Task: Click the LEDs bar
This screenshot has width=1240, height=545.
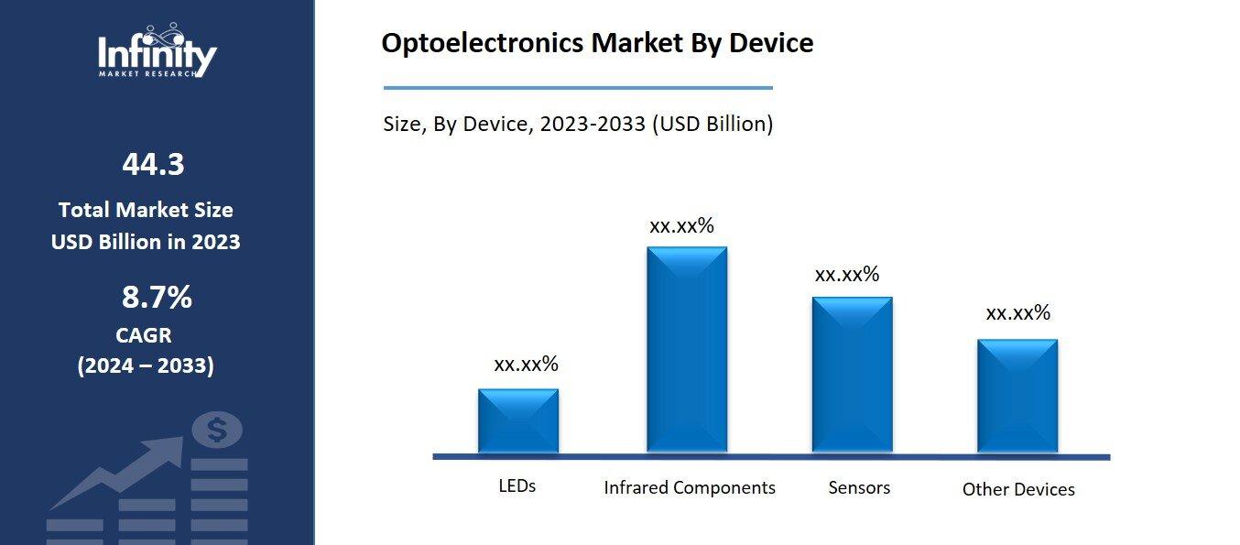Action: click(x=517, y=420)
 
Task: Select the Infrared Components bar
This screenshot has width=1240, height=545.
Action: click(x=687, y=349)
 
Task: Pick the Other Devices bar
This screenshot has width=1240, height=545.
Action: click(x=1017, y=396)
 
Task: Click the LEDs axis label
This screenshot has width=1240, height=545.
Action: click(x=517, y=485)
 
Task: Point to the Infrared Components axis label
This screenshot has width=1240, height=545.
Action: click(x=690, y=487)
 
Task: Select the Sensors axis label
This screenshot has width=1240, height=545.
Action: click(x=859, y=487)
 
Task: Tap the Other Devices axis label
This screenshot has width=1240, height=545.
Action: click(x=1018, y=489)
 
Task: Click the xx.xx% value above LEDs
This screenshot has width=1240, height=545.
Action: click(x=526, y=364)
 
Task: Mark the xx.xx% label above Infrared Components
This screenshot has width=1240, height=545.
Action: click(x=681, y=226)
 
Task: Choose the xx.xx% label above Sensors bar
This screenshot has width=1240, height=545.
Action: click(x=847, y=274)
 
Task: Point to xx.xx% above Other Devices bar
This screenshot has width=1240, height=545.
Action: click(x=1017, y=313)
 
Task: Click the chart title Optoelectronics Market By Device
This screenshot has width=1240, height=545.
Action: click(x=597, y=43)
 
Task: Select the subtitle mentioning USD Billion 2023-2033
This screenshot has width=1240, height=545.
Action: click(x=578, y=124)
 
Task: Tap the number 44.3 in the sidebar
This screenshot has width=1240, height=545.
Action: click(x=153, y=165)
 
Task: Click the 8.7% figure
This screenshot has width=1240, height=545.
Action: click(x=157, y=298)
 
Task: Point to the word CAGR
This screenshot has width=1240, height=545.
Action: click(x=144, y=335)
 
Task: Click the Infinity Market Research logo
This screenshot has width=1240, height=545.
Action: click(x=158, y=51)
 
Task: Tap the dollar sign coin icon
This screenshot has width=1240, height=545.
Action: click(x=218, y=429)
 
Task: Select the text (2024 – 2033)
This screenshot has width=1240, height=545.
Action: click(x=146, y=366)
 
